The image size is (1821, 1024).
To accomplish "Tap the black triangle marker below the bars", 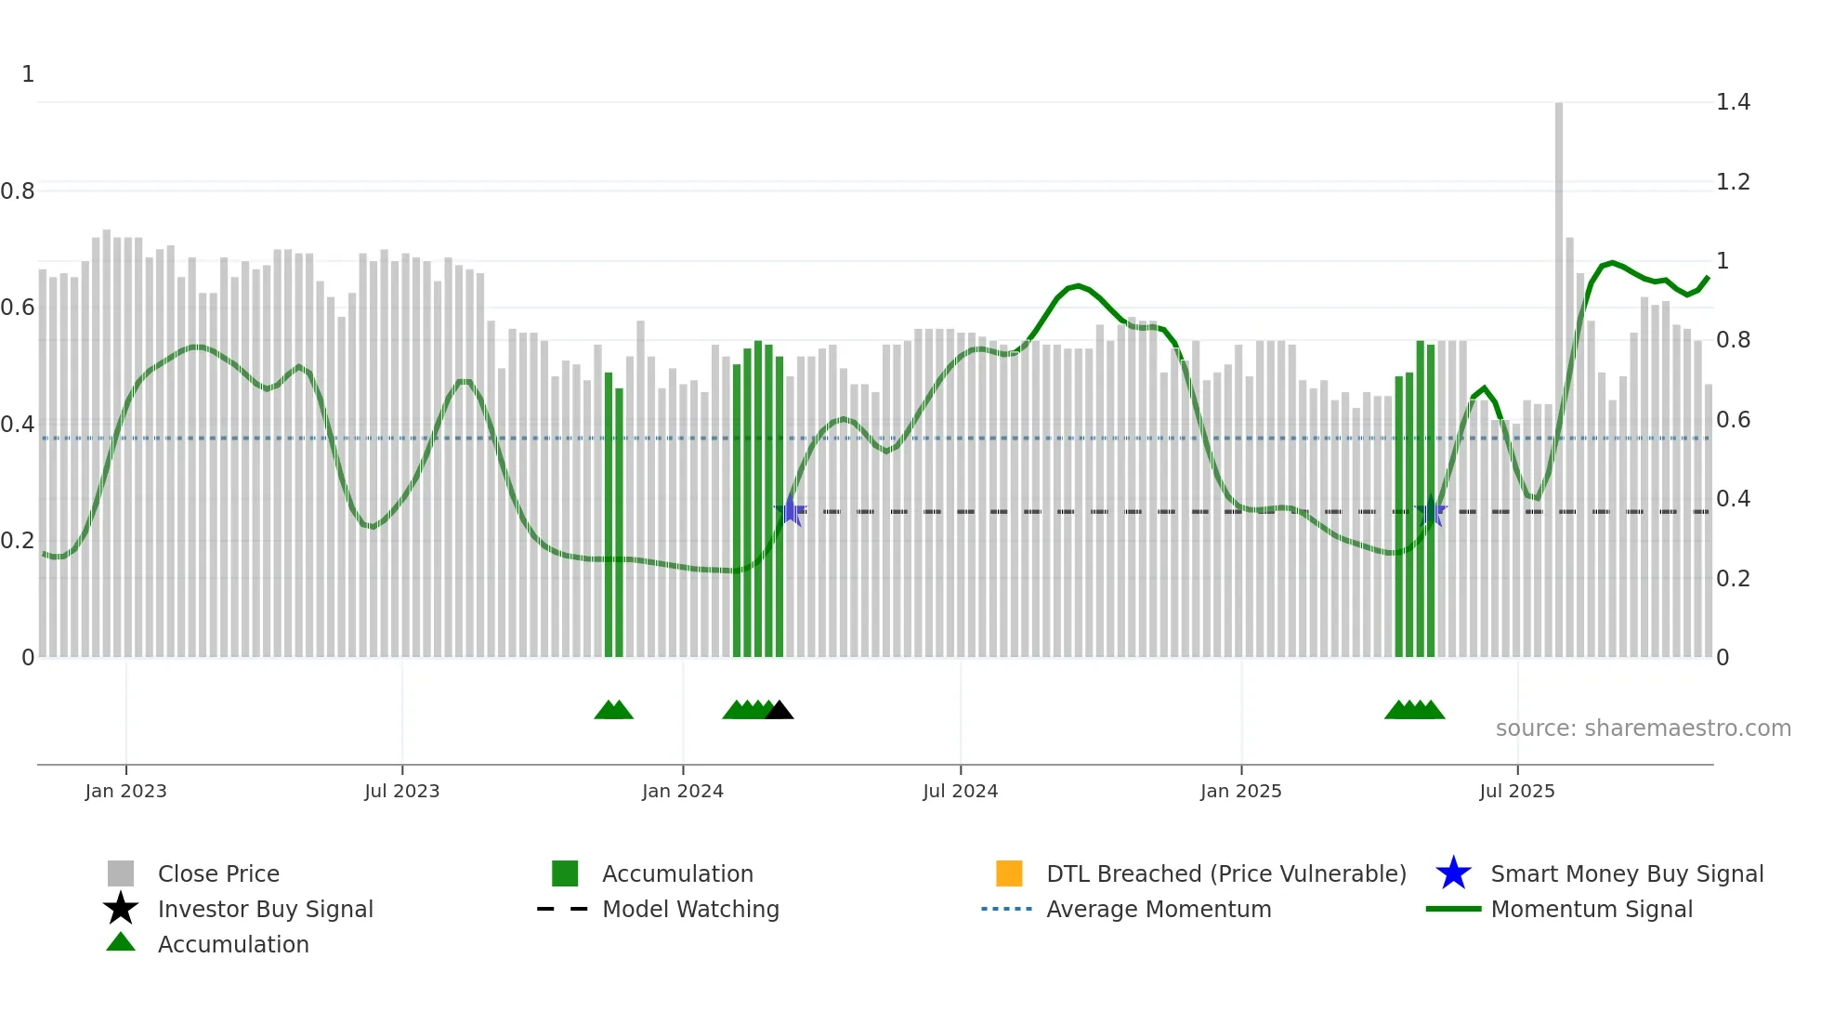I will [x=779, y=711].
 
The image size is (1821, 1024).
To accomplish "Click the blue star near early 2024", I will [x=791, y=511].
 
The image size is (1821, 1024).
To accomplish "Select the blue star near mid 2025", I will [x=1431, y=512].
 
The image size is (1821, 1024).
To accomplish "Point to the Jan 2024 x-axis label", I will [x=682, y=791].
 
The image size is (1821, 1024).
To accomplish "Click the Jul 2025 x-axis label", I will [x=1516, y=791].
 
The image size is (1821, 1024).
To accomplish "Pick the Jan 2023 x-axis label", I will [x=125, y=791].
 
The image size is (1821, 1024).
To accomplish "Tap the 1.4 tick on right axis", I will [x=1733, y=102].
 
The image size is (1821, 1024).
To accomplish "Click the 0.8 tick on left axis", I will [x=18, y=191].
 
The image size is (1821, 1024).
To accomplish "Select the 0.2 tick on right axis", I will [x=1733, y=579].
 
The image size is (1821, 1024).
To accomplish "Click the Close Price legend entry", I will [x=217, y=873].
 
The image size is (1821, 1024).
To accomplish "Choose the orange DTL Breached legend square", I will [x=1009, y=873].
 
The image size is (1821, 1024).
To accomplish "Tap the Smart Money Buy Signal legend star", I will [x=1453, y=873].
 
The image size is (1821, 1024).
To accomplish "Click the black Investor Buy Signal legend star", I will [x=121, y=909].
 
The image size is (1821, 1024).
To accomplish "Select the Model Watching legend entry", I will [x=689, y=909].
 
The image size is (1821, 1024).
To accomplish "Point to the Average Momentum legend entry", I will [x=1158, y=909].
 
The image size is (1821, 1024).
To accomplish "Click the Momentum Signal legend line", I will [x=1453, y=909].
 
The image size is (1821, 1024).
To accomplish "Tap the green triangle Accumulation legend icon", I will [x=121, y=942].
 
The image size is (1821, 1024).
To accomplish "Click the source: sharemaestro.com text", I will [x=1643, y=729].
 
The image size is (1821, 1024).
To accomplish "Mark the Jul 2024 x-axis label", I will [x=960, y=791].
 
